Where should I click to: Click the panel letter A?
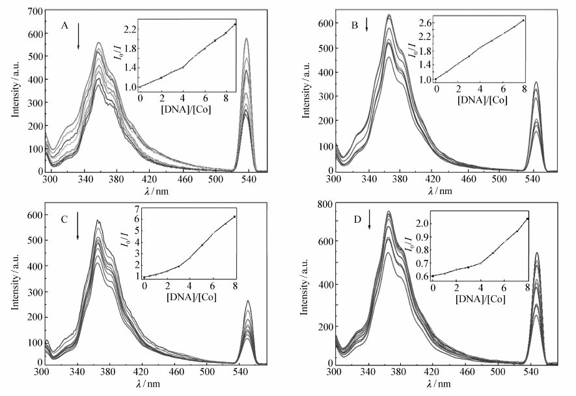[x=64, y=25]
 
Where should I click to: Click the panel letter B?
[x=355, y=26]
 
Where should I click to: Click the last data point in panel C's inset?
[x=235, y=217]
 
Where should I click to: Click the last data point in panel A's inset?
[x=235, y=24]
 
